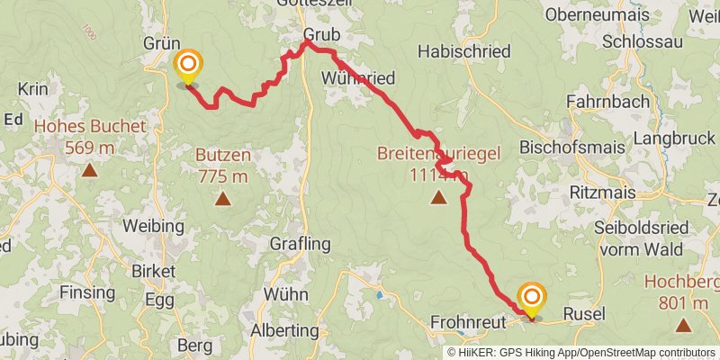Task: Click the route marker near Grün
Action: (x=187, y=66)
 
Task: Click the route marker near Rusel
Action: (x=532, y=297)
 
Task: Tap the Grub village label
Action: (x=319, y=56)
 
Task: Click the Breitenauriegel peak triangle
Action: (x=438, y=197)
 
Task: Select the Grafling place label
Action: (x=301, y=244)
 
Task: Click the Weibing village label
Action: (x=153, y=226)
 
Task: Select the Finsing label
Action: (x=87, y=292)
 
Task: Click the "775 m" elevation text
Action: (x=222, y=175)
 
